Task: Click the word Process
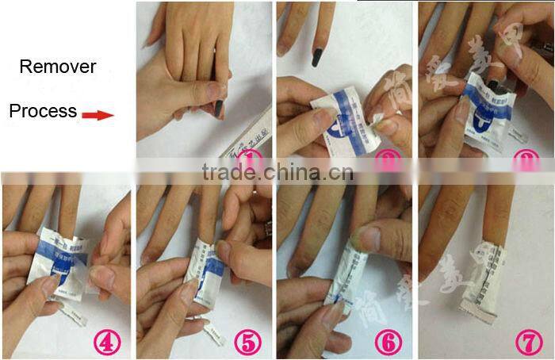tap(43, 111)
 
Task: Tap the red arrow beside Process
tap(99, 115)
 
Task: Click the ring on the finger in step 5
tap(268, 230)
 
